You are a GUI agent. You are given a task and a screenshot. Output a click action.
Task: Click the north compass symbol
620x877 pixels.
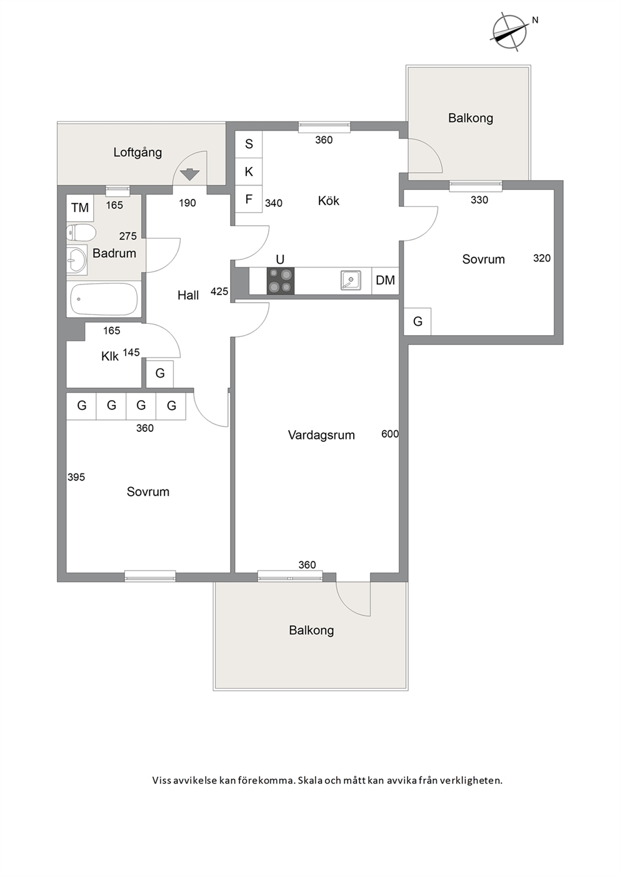pos(509,33)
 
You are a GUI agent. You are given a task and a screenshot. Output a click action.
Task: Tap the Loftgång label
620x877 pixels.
pos(137,153)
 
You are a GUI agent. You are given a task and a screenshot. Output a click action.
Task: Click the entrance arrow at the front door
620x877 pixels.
pos(190,174)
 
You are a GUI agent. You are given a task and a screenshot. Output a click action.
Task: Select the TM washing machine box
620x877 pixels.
pos(80,208)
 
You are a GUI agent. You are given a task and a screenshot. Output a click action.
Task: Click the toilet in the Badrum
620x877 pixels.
pos(81,234)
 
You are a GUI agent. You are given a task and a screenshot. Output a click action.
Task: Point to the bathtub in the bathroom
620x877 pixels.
pos(104,299)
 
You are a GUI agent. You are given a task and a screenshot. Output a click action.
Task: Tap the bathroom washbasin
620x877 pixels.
pos(76,259)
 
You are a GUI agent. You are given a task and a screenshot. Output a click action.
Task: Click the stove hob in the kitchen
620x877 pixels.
pos(280,281)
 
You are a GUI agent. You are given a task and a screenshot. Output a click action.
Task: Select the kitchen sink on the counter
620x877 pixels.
pos(351,280)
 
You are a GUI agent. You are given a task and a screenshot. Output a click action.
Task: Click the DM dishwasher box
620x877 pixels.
pos(385,281)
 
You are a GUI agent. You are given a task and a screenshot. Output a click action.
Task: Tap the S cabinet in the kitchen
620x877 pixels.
pos(249,144)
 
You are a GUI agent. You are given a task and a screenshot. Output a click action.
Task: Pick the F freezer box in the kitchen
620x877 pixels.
pos(249,199)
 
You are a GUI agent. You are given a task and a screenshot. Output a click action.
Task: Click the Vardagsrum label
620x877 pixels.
pos(321,435)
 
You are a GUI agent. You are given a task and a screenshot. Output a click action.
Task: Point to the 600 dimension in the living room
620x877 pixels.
pos(390,434)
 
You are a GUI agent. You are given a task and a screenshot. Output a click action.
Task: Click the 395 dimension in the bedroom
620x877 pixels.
pos(76,477)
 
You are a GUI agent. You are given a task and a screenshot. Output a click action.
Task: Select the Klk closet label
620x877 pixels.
pos(109,356)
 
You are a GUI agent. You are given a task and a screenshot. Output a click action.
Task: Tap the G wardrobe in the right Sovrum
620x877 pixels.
pos(417,321)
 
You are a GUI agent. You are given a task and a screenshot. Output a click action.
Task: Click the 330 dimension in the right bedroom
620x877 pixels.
pos(479,200)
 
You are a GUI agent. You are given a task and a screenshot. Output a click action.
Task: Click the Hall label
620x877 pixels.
pos(188,295)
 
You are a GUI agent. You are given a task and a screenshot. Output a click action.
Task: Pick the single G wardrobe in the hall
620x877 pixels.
pos(160,374)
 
